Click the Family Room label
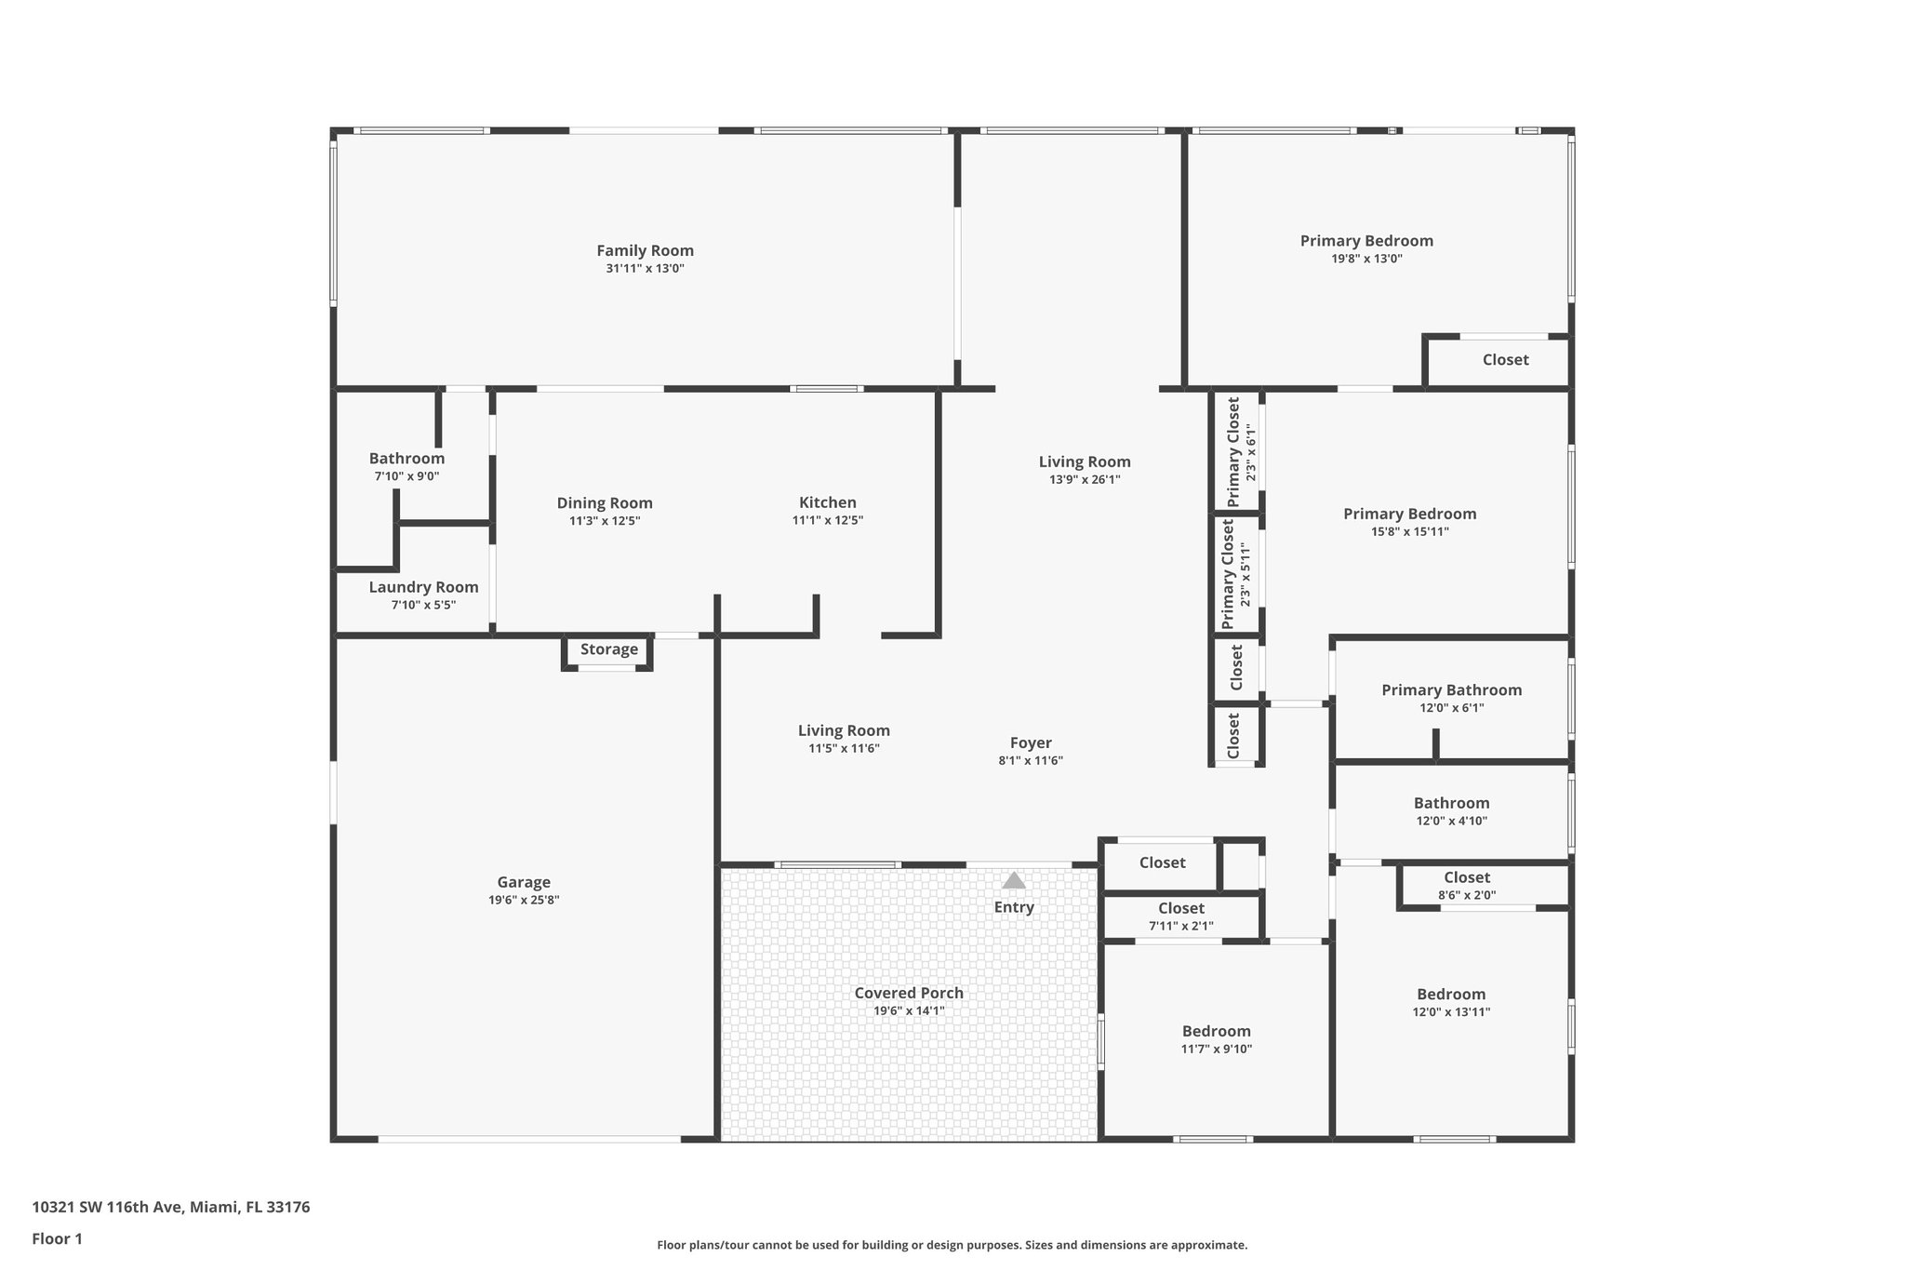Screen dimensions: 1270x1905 click(x=645, y=250)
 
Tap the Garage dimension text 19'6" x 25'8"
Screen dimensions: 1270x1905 click(x=524, y=900)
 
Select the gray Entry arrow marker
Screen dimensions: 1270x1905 click(x=1014, y=880)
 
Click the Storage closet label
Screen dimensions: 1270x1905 click(x=609, y=649)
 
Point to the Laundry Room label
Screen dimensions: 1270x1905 click(x=423, y=587)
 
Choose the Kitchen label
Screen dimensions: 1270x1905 click(x=827, y=502)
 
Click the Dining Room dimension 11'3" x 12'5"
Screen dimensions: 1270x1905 click(x=605, y=521)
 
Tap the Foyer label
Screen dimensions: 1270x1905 click(x=1031, y=742)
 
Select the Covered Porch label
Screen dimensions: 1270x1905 click(x=909, y=993)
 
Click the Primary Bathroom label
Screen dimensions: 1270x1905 click(x=1451, y=689)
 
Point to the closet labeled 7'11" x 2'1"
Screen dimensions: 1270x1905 click(x=1180, y=916)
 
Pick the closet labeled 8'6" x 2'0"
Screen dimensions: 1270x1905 click(x=1466, y=886)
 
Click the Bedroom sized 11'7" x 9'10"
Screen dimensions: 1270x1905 click(x=1216, y=1031)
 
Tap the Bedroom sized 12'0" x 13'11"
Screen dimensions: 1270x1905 click(x=1451, y=994)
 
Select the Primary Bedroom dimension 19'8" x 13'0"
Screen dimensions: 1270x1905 click(x=1366, y=259)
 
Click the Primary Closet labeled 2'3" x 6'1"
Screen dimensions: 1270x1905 click(x=1242, y=452)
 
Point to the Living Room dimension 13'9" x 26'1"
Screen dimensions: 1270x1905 click(x=1085, y=480)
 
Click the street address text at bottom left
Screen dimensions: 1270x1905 click(x=171, y=1207)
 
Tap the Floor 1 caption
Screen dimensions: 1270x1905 click(x=58, y=1238)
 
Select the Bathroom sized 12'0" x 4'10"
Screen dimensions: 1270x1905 click(x=1451, y=803)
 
